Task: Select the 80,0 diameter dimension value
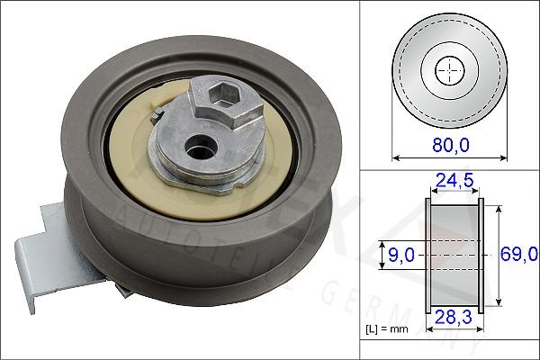[451, 142]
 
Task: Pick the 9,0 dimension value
[397, 256]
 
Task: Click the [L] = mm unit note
[388, 330]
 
